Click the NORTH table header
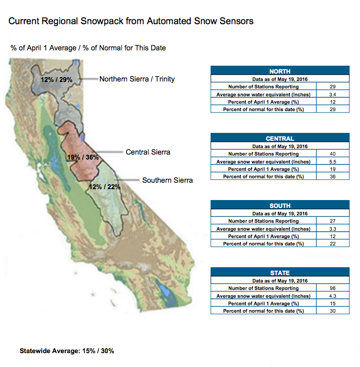(x=280, y=71)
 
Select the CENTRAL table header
(x=280, y=138)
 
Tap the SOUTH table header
(x=280, y=205)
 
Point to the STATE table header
(x=280, y=273)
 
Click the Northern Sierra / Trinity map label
(x=137, y=79)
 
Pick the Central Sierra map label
(x=148, y=152)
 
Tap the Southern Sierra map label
(x=167, y=180)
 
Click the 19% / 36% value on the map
(x=83, y=157)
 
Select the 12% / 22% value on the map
(x=105, y=187)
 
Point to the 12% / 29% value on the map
(x=56, y=80)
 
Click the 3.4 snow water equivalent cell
(x=333, y=94)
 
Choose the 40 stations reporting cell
(x=333, y=154)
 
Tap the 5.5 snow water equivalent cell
(x=333, y=162)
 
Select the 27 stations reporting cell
(x=333, y=221)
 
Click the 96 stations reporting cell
(x=333, y=288)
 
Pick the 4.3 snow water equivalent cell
(x=333, y=296)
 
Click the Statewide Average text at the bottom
(x=67, y=351)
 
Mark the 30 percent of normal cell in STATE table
(x=333, y=311)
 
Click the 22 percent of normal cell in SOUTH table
(x=333, y=244)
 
